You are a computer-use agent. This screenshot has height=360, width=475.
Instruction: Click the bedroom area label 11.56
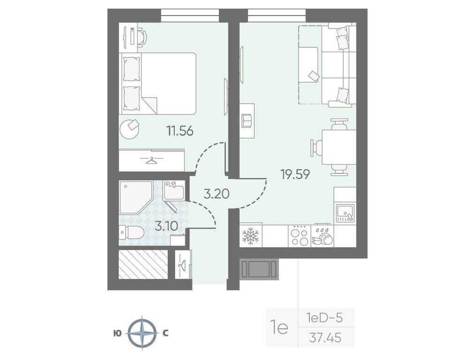tap(180, 131)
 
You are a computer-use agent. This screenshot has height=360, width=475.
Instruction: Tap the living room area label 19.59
tap(295, 174)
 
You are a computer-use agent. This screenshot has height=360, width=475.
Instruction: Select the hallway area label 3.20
tap(216, 194)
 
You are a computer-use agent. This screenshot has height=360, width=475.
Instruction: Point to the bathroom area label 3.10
tap(166, 226)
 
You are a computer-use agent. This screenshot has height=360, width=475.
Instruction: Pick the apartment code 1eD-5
tap(324, 318)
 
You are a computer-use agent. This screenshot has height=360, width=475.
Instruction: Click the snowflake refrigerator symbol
tap(250, 236)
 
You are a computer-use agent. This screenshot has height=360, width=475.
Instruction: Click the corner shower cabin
tap(135, 197)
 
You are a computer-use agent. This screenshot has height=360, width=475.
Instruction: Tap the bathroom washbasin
tap(173, 191)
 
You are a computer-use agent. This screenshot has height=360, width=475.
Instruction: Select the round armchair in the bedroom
tap(130, 128)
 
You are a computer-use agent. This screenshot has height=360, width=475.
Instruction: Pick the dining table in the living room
tap(339, 147)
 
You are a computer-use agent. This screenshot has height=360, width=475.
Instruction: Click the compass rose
tap(142, 333)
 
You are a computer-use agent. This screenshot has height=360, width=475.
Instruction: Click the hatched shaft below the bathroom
tap(143, 264)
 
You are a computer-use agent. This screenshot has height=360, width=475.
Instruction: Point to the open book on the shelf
tap(247, 121)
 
